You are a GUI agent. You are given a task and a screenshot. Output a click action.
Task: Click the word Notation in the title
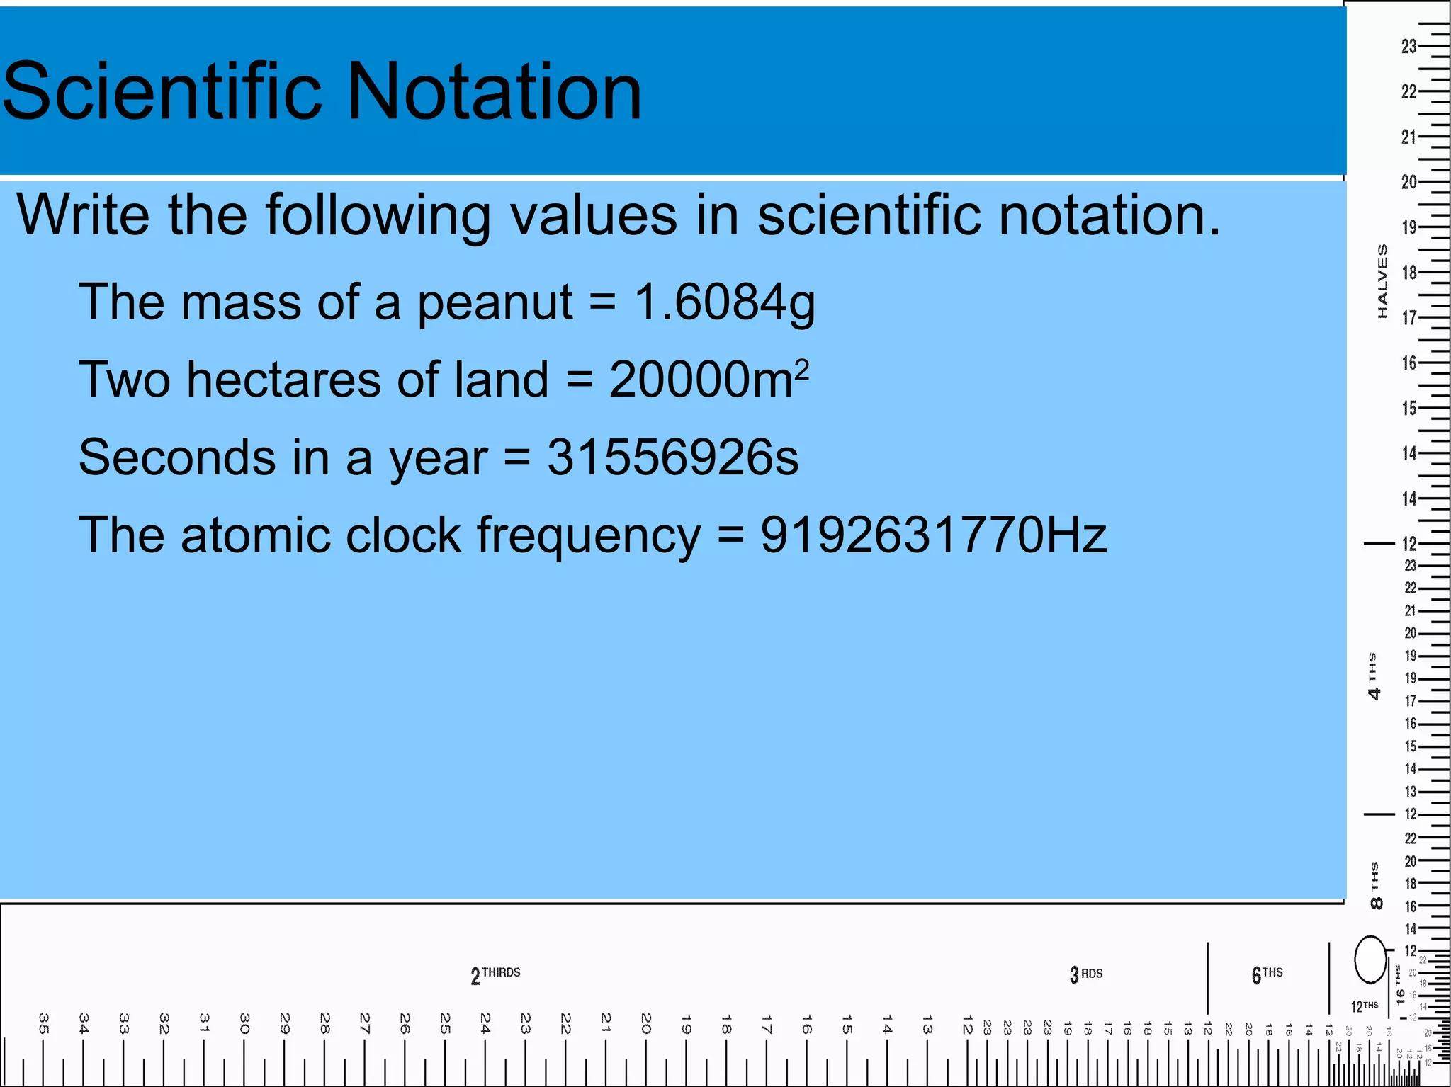coord(495,92)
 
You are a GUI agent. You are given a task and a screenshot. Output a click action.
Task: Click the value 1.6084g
coord(724,303)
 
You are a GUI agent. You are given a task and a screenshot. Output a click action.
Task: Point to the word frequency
coord(588,537)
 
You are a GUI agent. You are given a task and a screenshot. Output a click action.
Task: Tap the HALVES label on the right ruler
coord(1382,281)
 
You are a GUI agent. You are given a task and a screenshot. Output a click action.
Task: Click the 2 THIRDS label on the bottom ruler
coord(495,975)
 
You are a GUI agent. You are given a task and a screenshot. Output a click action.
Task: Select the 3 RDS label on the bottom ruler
coord(1086,974)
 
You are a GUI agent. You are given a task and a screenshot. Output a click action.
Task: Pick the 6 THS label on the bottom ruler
coord(1267,974)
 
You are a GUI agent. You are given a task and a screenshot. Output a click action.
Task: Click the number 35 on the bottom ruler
coord(43,1023)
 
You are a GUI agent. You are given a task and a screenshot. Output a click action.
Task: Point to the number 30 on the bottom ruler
coord(244,1023)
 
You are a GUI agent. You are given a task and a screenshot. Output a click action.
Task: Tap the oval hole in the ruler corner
coord(1370,960)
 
